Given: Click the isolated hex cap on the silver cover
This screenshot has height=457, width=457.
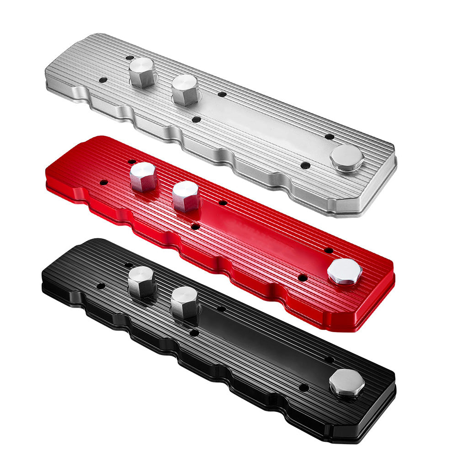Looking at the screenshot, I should point(347,157).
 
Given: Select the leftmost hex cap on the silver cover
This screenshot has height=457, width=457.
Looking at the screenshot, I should point(143,72).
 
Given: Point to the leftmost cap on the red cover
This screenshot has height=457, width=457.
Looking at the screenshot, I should point(143,177).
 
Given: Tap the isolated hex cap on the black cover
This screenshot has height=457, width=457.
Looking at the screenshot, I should point(346,382).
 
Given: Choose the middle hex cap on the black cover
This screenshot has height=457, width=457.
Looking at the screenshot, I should point(184,302).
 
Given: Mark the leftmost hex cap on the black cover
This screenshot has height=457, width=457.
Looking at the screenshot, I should point(141,281).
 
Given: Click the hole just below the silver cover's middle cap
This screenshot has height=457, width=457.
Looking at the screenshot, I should point(196,120).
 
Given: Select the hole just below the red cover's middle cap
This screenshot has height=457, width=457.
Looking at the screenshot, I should point(196,226).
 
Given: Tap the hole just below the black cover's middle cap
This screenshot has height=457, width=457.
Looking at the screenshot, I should point(194,333).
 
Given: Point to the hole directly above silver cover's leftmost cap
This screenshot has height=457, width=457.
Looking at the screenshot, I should point(130,58).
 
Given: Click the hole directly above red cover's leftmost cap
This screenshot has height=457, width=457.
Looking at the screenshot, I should point(132,162).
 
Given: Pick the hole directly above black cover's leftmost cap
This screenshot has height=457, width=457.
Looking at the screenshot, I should point(129,265).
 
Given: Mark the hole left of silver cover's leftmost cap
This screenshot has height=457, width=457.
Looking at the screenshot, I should point(102,80).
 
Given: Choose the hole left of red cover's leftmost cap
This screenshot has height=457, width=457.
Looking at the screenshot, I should point(103,182).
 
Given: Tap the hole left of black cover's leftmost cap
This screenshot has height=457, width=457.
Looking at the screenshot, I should point(101,287).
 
